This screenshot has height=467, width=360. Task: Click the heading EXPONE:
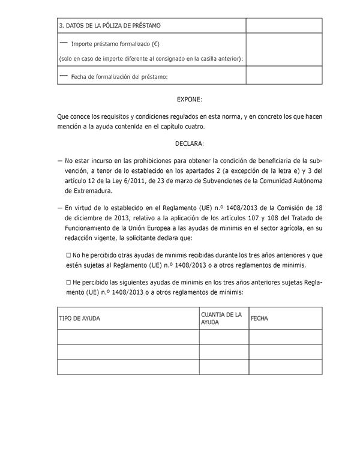coord(190,98)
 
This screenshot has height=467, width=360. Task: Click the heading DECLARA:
coord(190,143)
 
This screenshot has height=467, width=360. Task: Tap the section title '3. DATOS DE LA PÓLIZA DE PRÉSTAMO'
coord(110,26)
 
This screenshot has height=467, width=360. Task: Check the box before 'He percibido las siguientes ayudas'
coord(68,282)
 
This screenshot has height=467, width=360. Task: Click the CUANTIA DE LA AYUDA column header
coord(221,318)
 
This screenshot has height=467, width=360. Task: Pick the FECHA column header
coord(259,318)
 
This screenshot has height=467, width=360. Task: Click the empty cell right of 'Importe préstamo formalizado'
coord(284,49)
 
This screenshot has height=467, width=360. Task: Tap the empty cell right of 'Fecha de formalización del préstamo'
coord(284,75)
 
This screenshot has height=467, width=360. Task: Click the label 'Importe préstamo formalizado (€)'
coord(115,44)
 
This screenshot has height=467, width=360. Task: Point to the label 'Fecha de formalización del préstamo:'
coord(119,76)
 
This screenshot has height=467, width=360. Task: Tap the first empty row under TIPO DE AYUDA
coord(128,337)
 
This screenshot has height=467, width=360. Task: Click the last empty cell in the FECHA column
coord(285,367)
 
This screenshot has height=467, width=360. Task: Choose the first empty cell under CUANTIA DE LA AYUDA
coord(224,337)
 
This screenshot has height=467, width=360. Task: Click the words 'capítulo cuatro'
coord(179,127)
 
